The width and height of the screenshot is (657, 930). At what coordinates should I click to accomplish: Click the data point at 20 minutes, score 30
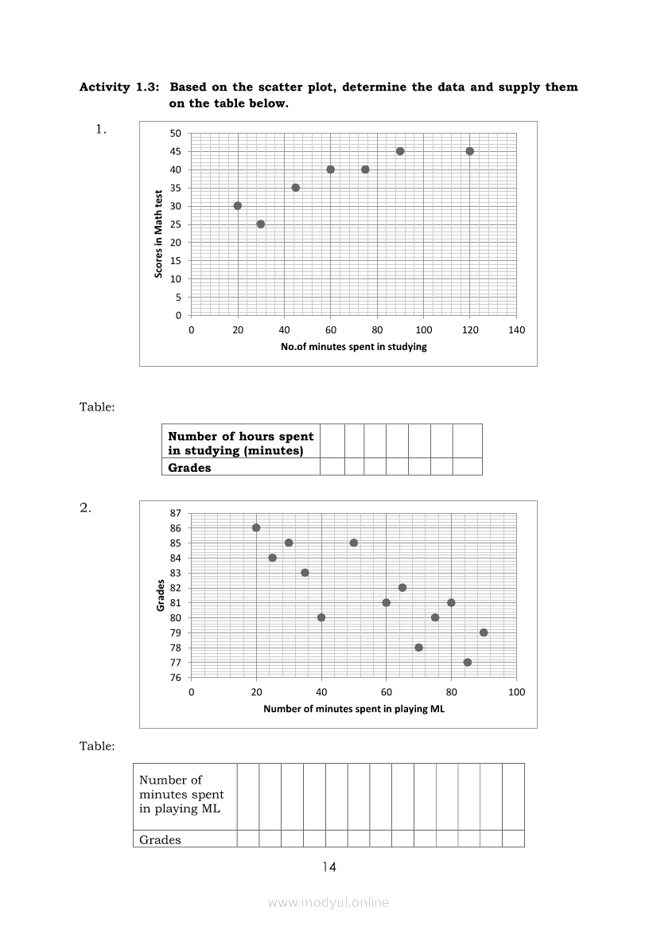tap(238, 205)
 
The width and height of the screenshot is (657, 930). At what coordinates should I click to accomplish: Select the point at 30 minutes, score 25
tap(261, 224)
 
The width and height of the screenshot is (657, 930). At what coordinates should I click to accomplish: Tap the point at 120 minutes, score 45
tap(470, 151)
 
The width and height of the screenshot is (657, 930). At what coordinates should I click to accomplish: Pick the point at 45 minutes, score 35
tap(296, 188)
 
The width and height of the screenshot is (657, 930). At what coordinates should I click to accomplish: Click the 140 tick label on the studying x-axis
tap(516, 330)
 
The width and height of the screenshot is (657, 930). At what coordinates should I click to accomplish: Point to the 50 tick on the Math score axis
tap(176, 133)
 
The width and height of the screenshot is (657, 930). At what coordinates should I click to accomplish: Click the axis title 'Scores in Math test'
tap(159, 233)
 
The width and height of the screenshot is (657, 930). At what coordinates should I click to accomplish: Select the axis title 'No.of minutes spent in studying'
tap(354, 347)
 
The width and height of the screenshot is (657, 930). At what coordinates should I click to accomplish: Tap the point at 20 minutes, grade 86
tap(256, 527)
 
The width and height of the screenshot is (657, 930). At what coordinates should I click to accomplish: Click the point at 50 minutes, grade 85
tap(354, 543)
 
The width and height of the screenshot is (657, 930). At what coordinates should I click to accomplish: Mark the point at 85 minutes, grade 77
tap(468, 662)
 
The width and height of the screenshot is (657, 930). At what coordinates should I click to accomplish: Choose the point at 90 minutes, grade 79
tap(484, 632)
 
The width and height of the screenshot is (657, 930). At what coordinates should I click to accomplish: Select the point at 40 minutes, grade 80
tap(321, 617)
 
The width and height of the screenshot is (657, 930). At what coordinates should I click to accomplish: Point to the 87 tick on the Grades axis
tap(176, 513)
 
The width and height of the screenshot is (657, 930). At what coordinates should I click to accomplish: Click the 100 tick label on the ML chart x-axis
tap(516, 692)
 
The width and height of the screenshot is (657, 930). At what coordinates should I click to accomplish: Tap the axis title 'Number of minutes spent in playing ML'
tap(354, 709)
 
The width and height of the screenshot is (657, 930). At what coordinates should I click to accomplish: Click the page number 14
tap(329, 867)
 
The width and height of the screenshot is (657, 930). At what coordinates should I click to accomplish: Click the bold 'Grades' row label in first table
tap(189, 468)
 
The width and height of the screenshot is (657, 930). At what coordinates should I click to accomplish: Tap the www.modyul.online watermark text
tap(328, 902)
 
